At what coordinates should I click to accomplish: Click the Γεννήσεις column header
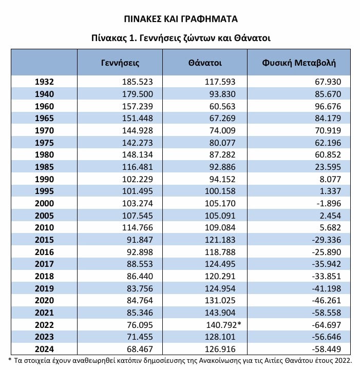pyautogui.click(x=120, y=63)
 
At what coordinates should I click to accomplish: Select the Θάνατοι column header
pyautogui.click(x=205, y=63)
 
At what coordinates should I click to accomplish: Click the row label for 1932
pyautogui.click(x=45, y=82)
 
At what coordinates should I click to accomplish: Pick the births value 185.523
pyautogui.click(x=138, y=82)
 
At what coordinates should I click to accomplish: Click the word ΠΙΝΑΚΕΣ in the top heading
pyautogui.click(x=143, y=19)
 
